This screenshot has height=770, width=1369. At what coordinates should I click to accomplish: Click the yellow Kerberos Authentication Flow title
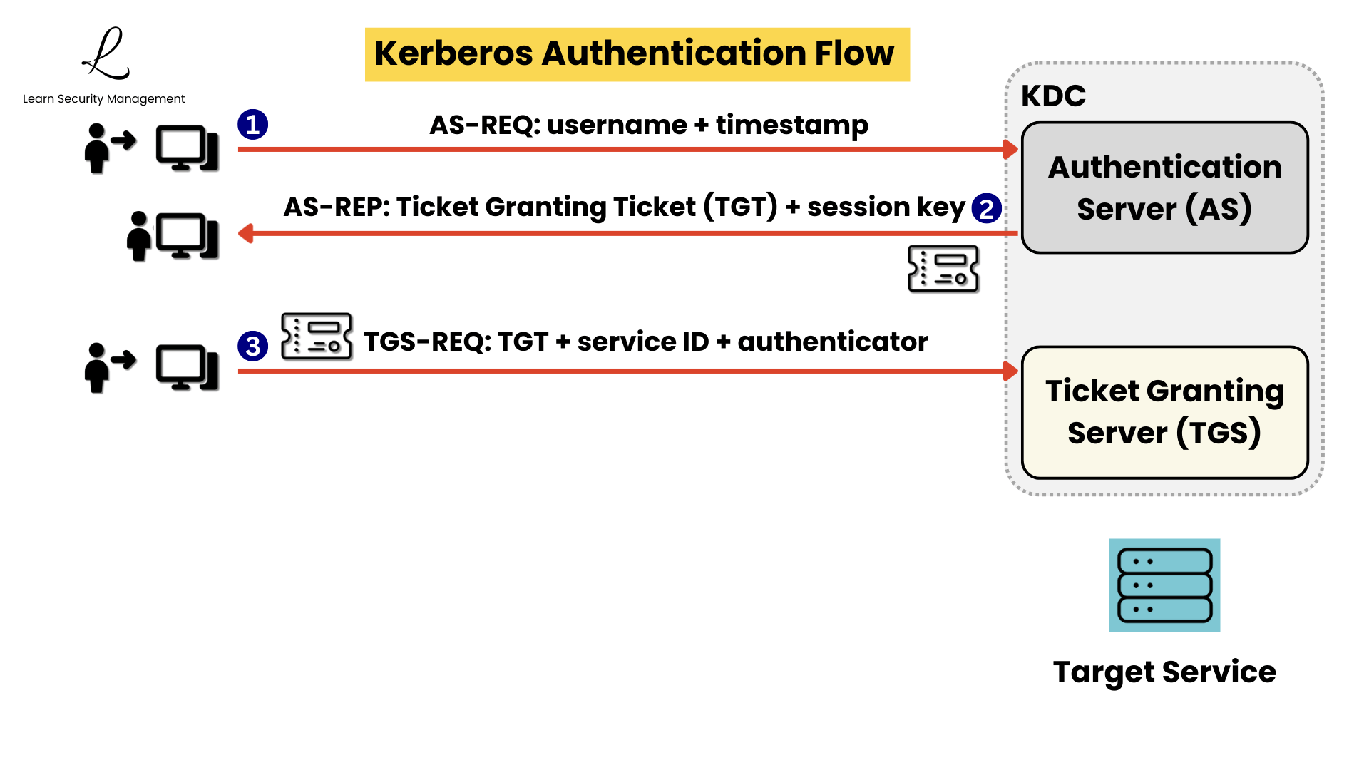coord(637,54)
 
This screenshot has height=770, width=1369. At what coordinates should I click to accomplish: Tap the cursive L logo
coord(107,54)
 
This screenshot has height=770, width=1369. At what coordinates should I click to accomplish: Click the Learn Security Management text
coord(103,98)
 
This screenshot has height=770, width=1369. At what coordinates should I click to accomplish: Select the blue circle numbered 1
coord(252,125)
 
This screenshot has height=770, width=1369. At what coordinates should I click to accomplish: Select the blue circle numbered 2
coord(986,209)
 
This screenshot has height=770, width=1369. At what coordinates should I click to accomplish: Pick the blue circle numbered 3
coord(252,346)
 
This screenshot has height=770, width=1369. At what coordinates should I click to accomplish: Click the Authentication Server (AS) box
coord(1164,188)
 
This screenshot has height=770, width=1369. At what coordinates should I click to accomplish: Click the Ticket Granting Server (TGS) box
coord(1164,412)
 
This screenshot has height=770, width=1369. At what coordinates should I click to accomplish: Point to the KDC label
coord(1053,96)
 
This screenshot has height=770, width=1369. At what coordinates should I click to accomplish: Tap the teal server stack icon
coord(1164,585)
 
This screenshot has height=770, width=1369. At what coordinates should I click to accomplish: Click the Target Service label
coord(1164,672)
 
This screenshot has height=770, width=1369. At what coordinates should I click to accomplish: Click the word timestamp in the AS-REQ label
coord(791,125)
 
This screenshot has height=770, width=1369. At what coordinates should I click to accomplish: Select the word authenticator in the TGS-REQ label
coord(832,342)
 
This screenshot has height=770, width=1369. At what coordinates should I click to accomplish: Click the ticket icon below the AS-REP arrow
coord(943,269)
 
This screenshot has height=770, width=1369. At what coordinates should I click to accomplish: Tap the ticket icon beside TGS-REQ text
coord(317,336)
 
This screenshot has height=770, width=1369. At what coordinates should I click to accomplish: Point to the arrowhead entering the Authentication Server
coord(1010,150)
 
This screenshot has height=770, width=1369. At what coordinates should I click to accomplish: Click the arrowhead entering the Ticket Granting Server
coord(1010,371)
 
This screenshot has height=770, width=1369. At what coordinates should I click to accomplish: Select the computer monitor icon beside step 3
coord(187,368)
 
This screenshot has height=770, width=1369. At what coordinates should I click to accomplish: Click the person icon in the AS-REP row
coord(138,237)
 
